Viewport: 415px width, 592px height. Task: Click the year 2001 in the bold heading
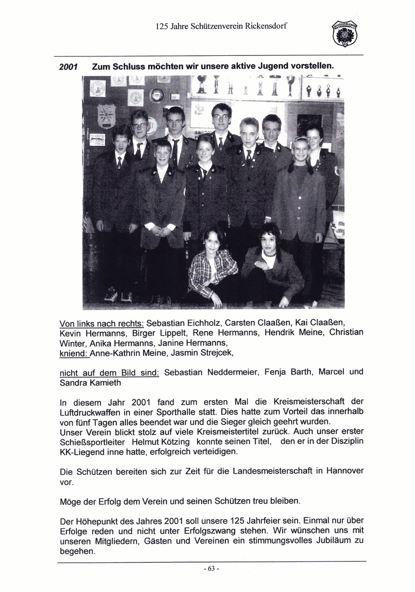(x=68, y=67)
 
